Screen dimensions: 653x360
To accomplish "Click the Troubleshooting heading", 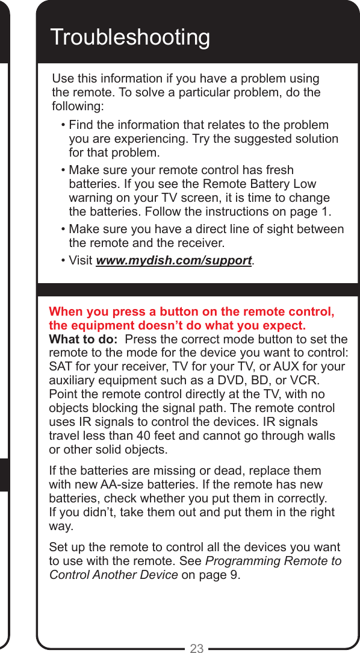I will (130, 37).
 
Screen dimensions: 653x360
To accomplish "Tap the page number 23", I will (197, 648).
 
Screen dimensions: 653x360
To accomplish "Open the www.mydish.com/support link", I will (174, 261).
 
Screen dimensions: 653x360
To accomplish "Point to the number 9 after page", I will (234, 575).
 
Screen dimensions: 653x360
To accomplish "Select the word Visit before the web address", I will (81, 261).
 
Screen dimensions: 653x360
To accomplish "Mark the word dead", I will (197, 470).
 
